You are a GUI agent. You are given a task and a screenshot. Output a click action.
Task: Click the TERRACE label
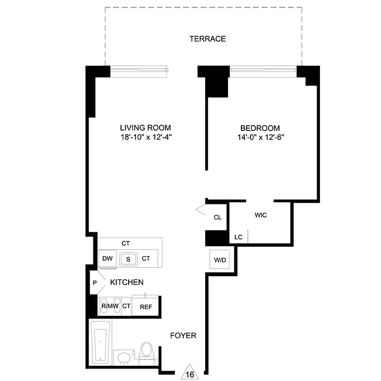(x=207, y=39)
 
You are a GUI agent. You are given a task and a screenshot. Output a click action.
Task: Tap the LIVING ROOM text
(x=145, y=128)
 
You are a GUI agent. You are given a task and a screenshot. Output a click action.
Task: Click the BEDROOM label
(x=260, y=128)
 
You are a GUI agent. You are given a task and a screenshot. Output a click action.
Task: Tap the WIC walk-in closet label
(x=261, y=215)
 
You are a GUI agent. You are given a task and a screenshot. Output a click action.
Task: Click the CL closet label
(x=218, y=217)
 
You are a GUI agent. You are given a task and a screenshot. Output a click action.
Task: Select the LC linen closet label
(x=239, y=237)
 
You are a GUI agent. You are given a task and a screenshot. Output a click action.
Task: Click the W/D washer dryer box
(x=220, y=261)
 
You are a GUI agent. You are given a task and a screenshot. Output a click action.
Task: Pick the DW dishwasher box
(x=108, y=259)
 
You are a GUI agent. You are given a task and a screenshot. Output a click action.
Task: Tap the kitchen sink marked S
(x=128, y=259)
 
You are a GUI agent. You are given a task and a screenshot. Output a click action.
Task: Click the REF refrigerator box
(x=146, y=307)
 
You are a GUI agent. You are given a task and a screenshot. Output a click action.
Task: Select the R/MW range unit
(x=110, y=306)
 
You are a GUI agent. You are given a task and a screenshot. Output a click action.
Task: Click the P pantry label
(x=95, y=282)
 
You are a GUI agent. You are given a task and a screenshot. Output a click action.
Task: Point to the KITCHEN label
(x=127, y=282)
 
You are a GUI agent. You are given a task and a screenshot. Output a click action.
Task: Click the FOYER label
(x=183, y=336)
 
